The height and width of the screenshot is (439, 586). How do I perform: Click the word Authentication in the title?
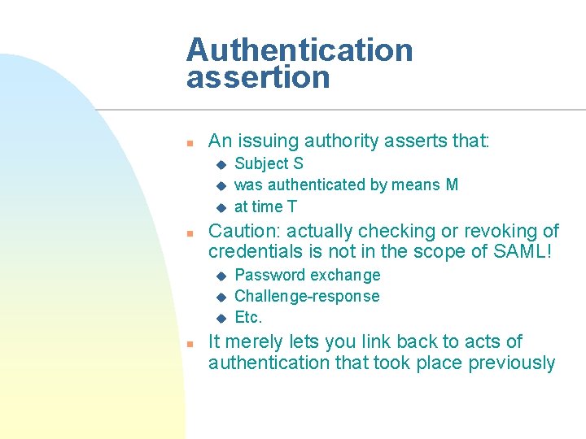click(300, 50)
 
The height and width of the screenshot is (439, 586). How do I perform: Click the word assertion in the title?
click(258, 78)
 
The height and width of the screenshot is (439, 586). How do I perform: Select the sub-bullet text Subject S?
click(269, 163)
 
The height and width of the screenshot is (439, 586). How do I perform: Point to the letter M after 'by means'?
click(452, 185)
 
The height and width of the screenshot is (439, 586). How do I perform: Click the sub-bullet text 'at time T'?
click(265, 206)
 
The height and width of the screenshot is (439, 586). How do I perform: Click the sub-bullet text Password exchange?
click(307, 275)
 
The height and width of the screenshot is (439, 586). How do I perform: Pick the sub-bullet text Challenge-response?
click(307, 296)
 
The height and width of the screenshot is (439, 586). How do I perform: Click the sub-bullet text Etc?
click(248, 317)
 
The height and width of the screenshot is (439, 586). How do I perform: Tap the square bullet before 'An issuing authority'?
click(188, 143)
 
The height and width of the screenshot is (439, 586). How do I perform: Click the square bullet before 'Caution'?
click(188, 233)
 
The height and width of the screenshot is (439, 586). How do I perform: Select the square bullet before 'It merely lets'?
click(188, 343)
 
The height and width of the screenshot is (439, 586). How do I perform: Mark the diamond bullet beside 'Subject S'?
click(219, 164)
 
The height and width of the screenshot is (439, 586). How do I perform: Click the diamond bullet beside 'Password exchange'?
click(219, 276)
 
